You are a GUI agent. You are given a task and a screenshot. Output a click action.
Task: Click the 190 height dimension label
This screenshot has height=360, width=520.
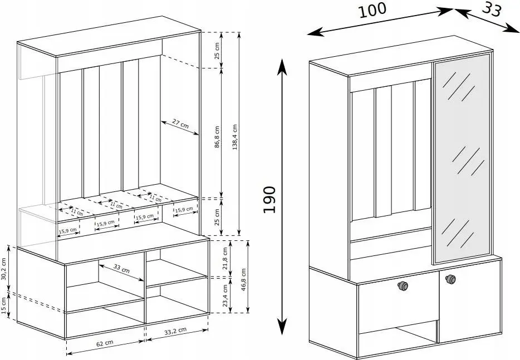click(x=269, y=200)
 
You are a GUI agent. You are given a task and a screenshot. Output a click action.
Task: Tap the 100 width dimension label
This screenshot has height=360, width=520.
click(x=372, y=10)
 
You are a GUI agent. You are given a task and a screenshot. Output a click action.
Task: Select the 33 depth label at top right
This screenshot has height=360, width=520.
click(x=492, y=9)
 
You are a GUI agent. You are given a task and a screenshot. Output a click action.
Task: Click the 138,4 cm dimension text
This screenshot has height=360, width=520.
click(x=235, y=137)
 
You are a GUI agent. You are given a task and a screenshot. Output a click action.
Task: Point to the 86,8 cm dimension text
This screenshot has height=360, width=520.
click(x=217, y=136)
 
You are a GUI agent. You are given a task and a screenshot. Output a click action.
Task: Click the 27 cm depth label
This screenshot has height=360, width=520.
click(x=180, y=124)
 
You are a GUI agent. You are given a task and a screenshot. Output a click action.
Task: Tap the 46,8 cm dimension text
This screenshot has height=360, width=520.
click(x=244, y=280)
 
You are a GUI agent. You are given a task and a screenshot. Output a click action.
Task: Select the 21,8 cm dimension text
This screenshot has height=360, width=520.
click(x=225, y=259)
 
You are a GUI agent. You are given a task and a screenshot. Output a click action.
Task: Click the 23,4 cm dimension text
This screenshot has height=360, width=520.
click(x=225, y=295)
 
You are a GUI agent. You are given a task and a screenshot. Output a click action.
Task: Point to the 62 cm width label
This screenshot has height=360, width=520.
click(x=105, y=343)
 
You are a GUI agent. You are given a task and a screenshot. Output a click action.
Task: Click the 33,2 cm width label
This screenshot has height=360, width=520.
click(x=175, y=331)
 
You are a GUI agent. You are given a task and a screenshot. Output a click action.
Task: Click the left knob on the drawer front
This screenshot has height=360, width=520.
click(x=403, y=286)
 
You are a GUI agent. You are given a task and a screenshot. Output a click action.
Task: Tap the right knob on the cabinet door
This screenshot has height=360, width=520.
click(x=450, y=279)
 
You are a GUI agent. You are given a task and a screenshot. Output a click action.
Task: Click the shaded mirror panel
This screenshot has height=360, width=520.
click(x=462, y=159)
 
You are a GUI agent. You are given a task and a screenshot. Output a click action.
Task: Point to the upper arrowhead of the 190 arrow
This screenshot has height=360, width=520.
click(x=282, y=67)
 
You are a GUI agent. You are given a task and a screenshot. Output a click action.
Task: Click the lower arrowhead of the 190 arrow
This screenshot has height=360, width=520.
click(x=282, y=327)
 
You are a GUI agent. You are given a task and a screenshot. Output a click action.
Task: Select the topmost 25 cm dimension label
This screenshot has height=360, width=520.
click(x=217, y=51)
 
